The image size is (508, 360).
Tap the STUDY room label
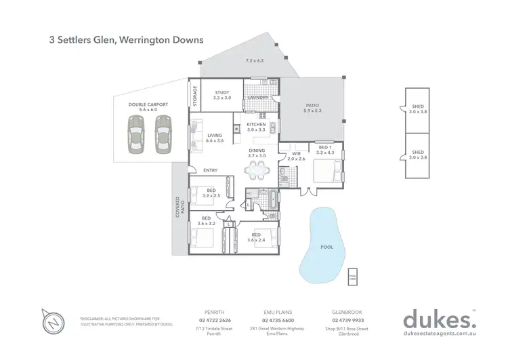222,93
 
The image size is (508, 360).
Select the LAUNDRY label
259,98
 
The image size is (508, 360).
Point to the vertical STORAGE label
195,96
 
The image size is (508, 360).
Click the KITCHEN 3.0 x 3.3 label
256,127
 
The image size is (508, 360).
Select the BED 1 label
324,146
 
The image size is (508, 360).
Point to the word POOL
326,247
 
